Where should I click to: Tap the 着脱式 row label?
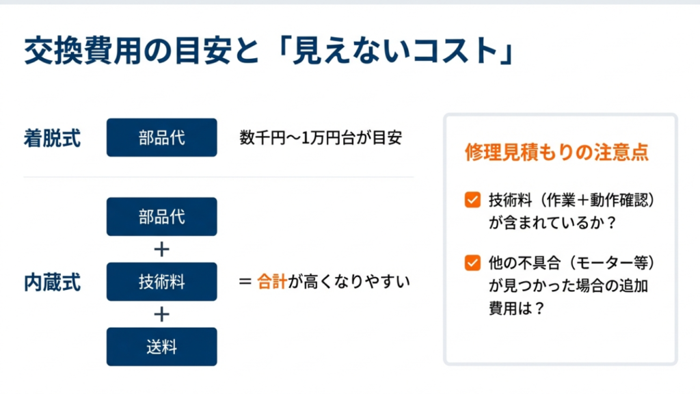(x=52, y=138)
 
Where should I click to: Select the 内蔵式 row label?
(x=52, y=282)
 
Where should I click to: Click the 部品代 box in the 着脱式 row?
(x=161, y=137)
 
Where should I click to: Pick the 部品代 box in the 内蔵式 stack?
(x=161, y=217)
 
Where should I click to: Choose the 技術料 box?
(x=161, y=281)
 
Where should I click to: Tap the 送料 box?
(x=161, y=347)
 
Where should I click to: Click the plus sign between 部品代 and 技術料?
(x=161, y=249)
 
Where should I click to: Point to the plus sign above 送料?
(x=161, y=314)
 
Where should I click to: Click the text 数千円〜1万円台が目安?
(x=321, y=138)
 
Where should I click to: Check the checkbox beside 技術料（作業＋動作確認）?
(x=472, y=200)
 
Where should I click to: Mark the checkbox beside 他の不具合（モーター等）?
(x=472, y=262)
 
